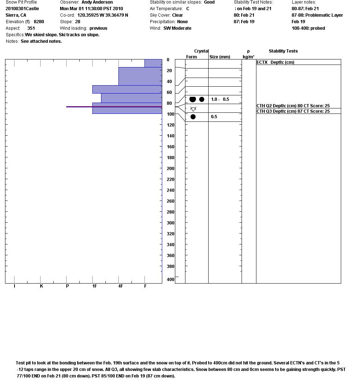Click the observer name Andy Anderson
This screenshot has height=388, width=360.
97,2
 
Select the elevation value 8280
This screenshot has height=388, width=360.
39,22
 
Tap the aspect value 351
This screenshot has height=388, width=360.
31,28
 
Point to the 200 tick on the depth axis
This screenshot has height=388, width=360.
170,169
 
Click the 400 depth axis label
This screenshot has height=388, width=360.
170,280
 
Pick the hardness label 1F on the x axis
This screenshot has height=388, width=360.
95,286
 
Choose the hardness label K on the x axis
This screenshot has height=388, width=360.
42,286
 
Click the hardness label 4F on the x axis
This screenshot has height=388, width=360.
121,286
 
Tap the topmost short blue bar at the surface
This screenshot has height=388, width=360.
153,63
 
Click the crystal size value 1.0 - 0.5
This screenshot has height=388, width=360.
220,99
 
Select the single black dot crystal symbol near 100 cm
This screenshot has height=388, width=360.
193,117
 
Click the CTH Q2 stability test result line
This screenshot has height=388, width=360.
293,106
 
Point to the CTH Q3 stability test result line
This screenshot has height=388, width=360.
293,111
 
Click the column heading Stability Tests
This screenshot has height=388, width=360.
283,51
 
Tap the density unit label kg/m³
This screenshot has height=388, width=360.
248,57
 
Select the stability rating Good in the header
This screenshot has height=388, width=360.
209,2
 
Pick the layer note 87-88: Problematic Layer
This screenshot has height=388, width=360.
317,15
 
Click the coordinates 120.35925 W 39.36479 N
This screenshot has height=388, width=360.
102,15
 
